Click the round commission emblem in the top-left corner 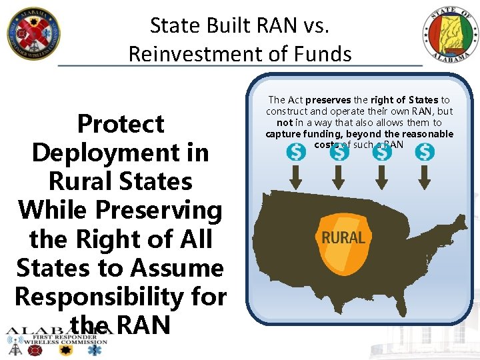(x=33, y=33)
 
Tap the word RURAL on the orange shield (x=343, y=238)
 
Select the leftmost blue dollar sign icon (x=296, y=153)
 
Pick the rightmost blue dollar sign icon (x=425, y=153)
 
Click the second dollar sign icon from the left (x=339, y=153)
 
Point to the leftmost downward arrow (x=296, y=177)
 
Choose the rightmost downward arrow (x=425, y=177)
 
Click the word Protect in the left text (x=121, y=124)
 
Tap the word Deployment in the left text (x=120, y=153)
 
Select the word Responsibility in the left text (x=121, y=297)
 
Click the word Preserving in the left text (x=159, y=210)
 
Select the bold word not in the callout (x=285, y=123)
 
